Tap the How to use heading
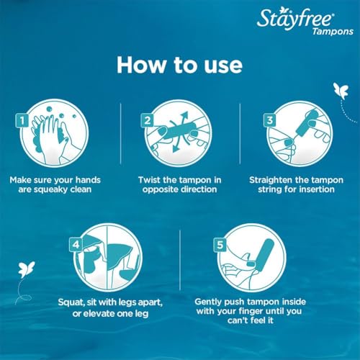tap(180, 64)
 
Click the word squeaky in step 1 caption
tap(54, 190)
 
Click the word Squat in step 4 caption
tap(52, 302)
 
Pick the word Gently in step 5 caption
tap(212, 302)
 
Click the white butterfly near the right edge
tap(338, 91)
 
